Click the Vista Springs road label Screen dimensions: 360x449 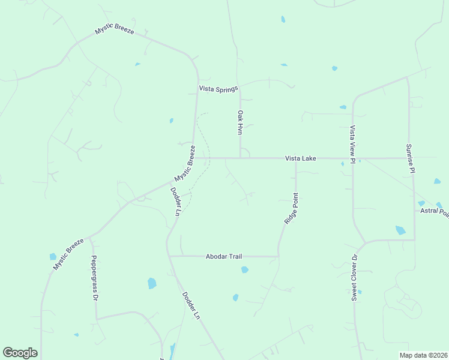[x=218, y=89]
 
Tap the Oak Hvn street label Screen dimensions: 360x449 [x=240, y=122]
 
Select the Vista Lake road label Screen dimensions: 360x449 [x=300, y=158]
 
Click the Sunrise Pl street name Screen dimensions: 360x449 [x=409, y=158]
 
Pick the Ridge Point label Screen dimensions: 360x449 [x=291, y=209]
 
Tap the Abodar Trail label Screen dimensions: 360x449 [x=223, y=256]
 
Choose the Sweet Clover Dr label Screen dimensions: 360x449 [x=355, y=277]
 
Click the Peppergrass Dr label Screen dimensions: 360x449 [x=94, y=277]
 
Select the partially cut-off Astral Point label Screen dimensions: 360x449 [x=434, y=211]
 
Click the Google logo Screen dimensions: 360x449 [x=20, y=353]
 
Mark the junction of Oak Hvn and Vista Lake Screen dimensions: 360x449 [x=240, y=158]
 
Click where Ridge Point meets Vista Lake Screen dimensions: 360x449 [x=296, y=159]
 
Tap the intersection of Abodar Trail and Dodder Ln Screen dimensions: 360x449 [x=169, y=256]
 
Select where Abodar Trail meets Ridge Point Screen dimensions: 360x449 [x=279, y=256]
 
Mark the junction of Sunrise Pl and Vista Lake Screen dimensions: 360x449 [x=409, y=158]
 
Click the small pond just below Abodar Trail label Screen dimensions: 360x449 [x=244, y=270]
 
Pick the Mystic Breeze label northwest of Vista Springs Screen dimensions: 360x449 [x=114, y=31]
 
